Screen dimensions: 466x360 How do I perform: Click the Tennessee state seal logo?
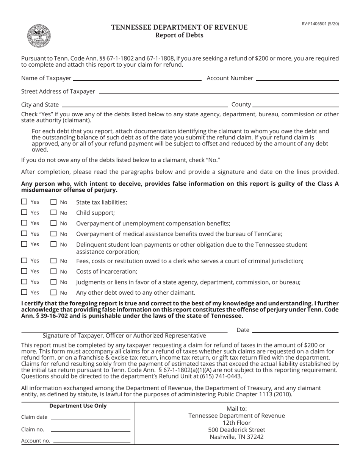[x=39, y=36]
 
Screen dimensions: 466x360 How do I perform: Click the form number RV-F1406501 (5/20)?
[x=320, y=23]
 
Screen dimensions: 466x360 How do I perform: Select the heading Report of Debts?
[x=179, y=35]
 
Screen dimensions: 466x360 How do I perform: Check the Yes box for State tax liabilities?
[x=24, y=202]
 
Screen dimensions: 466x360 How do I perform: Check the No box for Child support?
[x=53, y=213]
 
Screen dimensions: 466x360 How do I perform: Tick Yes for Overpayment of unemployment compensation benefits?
[x=24, y=223]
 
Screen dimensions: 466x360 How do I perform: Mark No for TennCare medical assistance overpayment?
[x=53, y=234]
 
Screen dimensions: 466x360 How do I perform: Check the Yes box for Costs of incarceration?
[x=24, y=271]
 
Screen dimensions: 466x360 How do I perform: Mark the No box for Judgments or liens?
[x=53, y=282]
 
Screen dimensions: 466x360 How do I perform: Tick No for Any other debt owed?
[x=53, y=292]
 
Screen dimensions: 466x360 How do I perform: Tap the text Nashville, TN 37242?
[x=236, y=437]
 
